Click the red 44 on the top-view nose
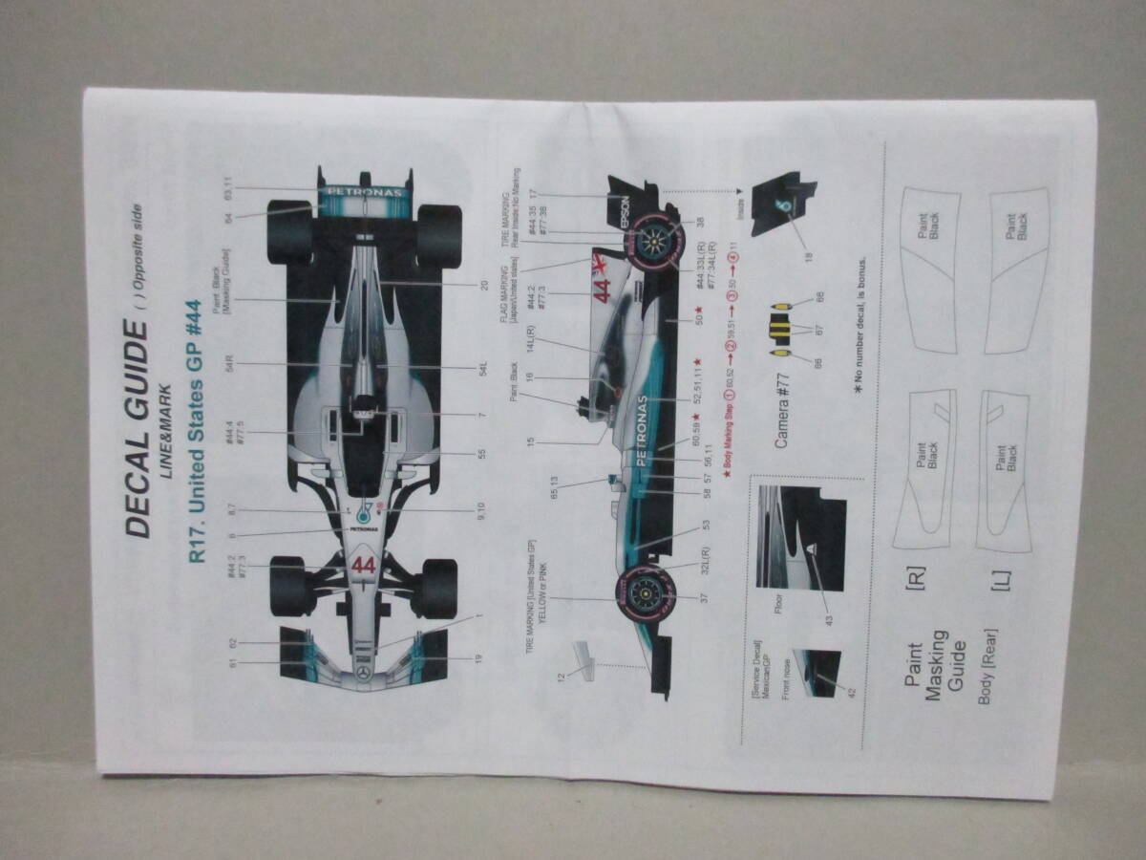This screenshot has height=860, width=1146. tap(363, 566)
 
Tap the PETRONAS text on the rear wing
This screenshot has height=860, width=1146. tap(363, 191)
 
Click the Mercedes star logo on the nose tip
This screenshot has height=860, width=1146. tap(363, 674)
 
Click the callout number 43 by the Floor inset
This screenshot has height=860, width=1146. tap(829, 620)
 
